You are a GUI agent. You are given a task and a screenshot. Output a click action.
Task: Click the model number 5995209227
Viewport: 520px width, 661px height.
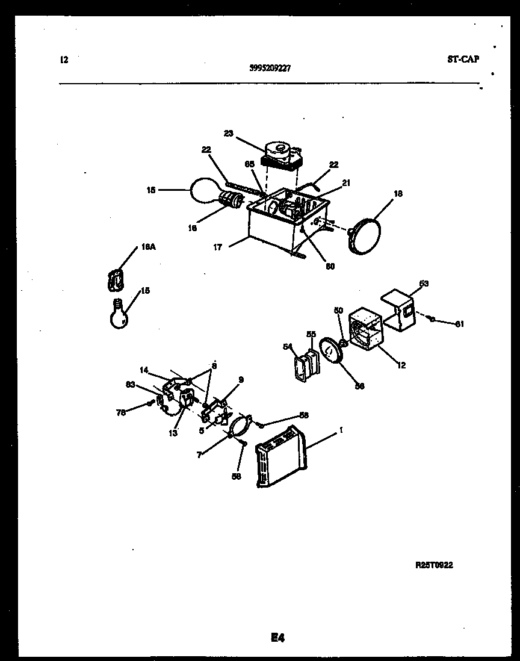270,69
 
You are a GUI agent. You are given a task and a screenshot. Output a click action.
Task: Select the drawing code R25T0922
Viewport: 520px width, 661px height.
434,565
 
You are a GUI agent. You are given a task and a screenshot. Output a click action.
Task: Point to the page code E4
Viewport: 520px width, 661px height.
277,638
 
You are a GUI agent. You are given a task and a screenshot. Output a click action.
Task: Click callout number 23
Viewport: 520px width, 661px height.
229,134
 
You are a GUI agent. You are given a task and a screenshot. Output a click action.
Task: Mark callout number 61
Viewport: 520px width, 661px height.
459,324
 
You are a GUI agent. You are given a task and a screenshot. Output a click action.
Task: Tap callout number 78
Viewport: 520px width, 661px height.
121,412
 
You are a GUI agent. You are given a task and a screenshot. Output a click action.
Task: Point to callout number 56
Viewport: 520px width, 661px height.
359,386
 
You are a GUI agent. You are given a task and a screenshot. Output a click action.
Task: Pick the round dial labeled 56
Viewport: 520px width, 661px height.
330,350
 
